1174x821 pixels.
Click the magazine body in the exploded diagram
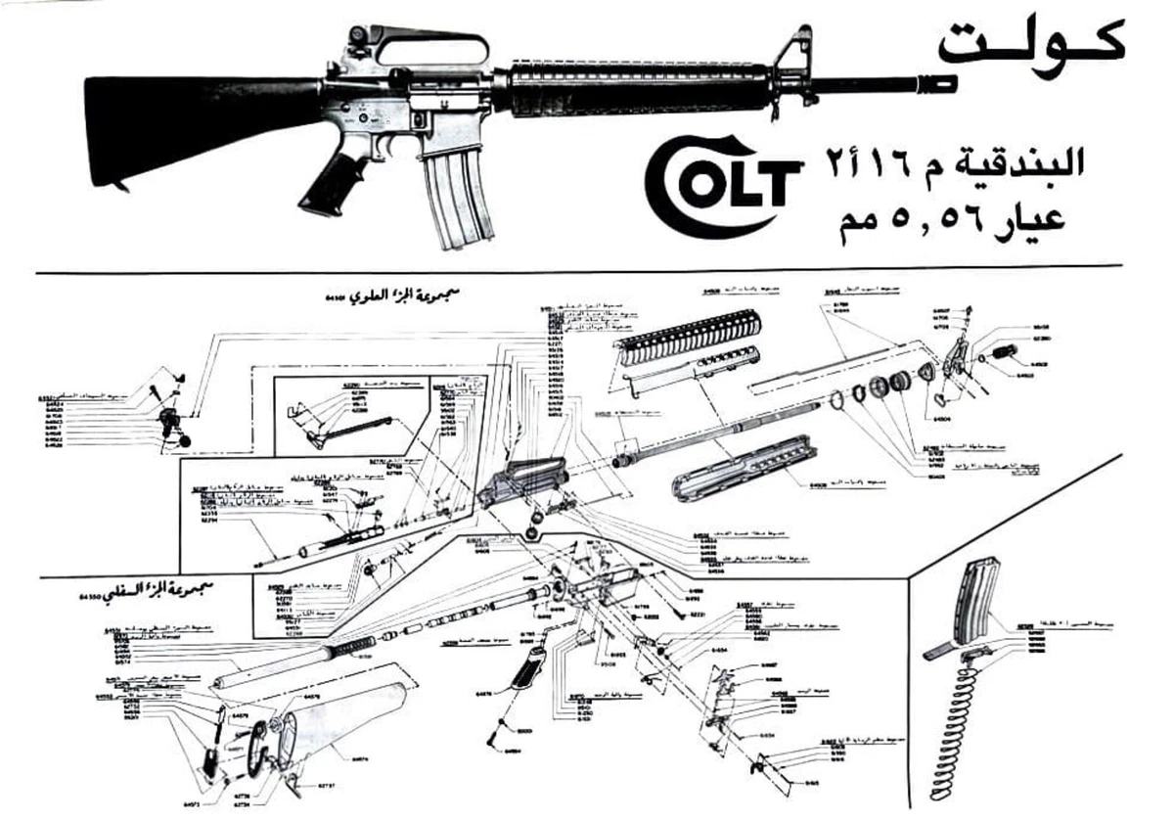979,596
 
